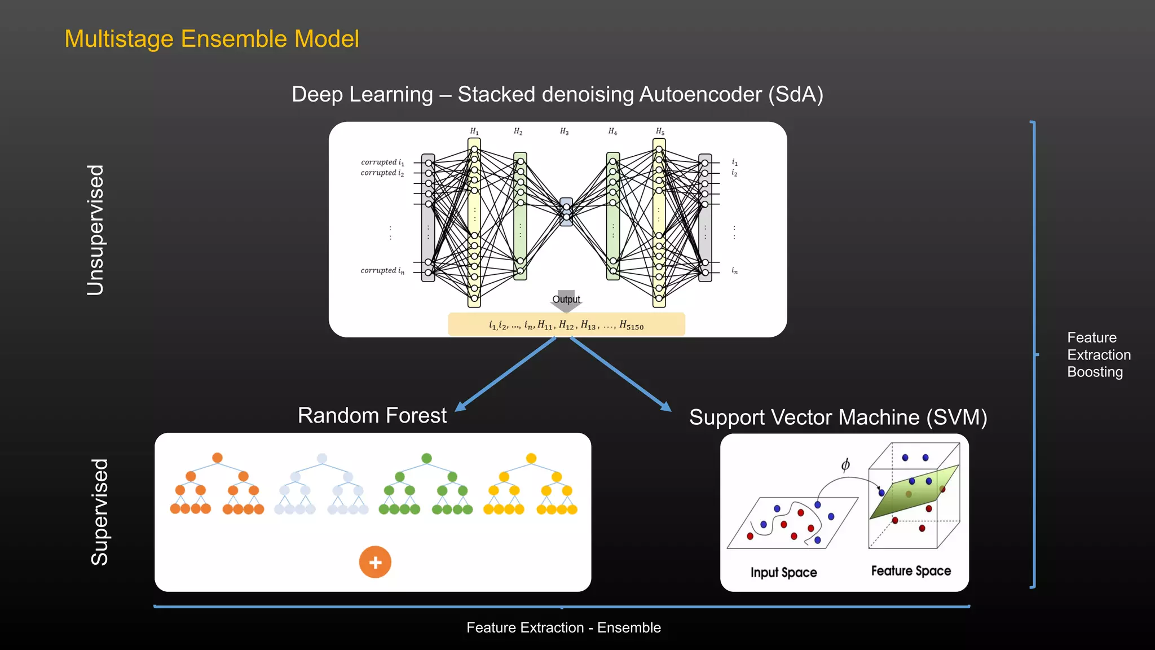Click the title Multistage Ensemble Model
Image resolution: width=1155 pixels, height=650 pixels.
click(211, 39)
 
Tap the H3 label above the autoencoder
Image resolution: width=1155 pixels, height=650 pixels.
click(564, 131)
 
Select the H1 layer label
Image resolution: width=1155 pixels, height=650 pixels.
click(474, 131)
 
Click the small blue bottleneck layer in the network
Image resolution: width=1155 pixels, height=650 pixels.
click(566, 212)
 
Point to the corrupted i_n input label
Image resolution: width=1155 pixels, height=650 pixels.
click(382, 271)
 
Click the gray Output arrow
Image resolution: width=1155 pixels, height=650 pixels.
click(566, 301)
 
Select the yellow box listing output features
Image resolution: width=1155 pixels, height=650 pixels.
click(566, 325)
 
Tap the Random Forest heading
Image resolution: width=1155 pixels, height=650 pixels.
click(372, 416)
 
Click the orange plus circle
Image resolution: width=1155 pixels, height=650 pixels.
click(375, 562)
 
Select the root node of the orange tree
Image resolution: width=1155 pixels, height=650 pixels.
click(217, 458)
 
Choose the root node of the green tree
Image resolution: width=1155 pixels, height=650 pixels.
click(426, 458)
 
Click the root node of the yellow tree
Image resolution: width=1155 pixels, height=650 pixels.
click(531, 458)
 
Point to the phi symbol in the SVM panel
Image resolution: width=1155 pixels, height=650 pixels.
click(845, 465)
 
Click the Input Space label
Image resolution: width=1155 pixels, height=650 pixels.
click(783, 573)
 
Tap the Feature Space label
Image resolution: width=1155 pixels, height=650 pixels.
click(911, 571)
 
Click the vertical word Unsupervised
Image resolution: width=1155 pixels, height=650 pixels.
click(96, 230)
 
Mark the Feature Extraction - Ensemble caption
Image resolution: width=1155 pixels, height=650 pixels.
click(563, 627)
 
